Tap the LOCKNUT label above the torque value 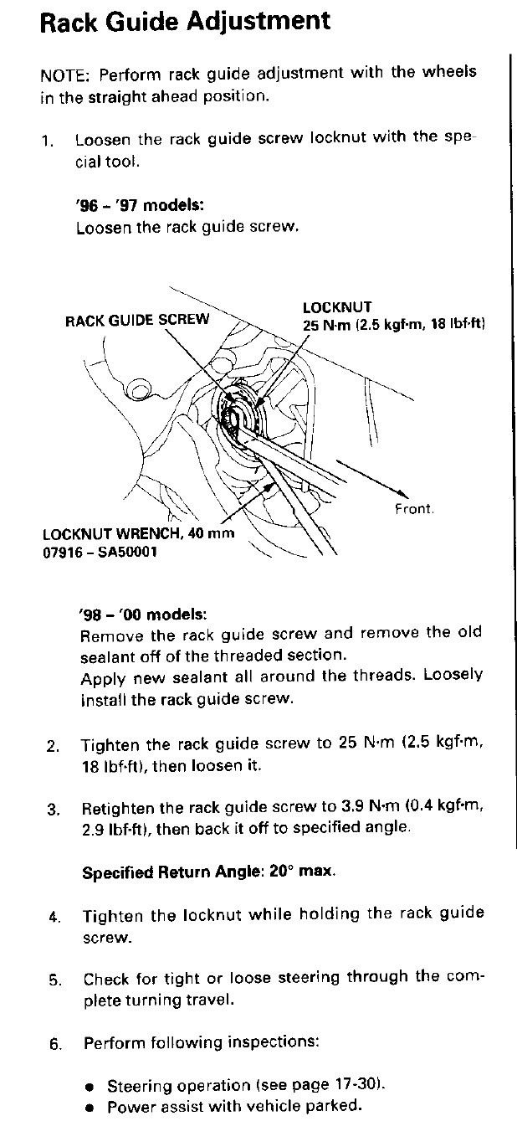337,307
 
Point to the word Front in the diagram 414,509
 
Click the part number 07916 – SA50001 99,553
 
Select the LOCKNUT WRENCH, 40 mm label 138,533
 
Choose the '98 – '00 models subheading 141,614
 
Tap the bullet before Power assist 90,1107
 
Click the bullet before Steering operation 90,1087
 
